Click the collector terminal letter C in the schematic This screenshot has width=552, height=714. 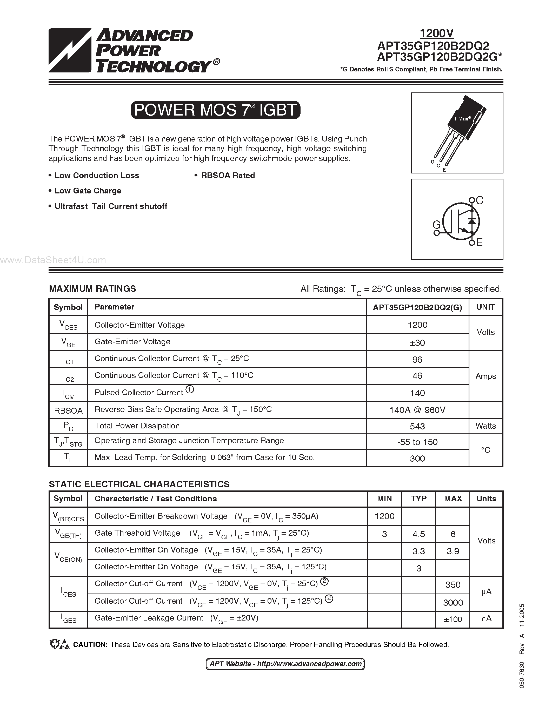tap(480, 200)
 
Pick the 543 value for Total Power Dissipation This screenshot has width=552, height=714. tap(417, 426)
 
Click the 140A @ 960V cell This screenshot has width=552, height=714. tap(417, 410)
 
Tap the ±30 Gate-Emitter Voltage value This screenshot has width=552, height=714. tap(417, 343)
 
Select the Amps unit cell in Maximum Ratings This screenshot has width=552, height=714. tap(486, 376)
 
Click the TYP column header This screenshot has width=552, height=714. tap(418, 499)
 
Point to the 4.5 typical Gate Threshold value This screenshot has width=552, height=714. tap(418, 534)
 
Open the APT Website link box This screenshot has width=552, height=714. tap(285, 664)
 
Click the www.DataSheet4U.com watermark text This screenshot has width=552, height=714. tap(53, 260)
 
